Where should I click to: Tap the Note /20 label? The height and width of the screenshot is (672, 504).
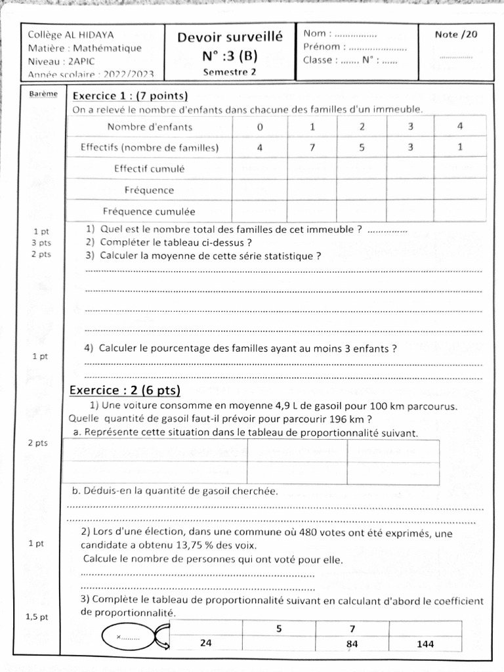click(x=456, y=35)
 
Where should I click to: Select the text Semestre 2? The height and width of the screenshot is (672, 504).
click(x=230, y=72)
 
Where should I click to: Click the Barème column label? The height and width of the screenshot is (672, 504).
click(x=43, y=94)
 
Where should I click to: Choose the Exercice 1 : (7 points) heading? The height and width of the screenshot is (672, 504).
click(x=130, y=96)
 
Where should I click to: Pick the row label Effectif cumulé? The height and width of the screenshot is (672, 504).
click(x=149, y=169)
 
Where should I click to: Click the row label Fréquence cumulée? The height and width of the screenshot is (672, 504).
click(x=149, y=211)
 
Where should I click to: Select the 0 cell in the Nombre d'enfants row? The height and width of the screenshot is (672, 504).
click(x=259, y=126)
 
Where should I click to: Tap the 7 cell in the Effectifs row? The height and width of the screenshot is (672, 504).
click(x=312, y=148)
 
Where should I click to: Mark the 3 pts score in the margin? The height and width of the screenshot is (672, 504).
click(x=41, y=243)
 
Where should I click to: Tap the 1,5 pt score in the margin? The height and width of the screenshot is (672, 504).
click(x=37, y=617)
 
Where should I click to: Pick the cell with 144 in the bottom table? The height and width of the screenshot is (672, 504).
click(x=425, y=644)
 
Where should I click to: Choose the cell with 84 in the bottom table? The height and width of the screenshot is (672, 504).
click(x=352, y=644)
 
